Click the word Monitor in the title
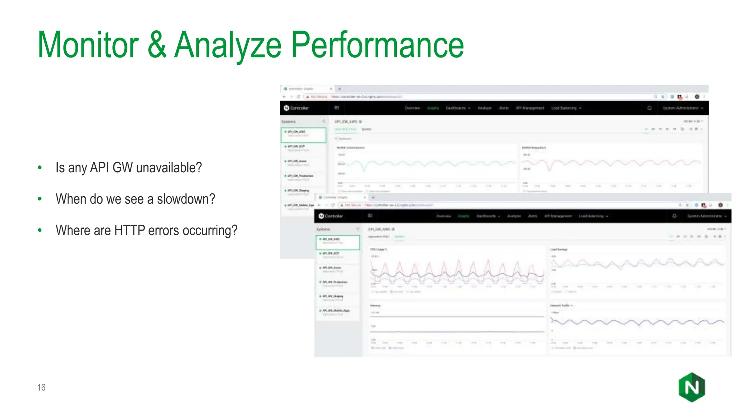(x=88, y=45)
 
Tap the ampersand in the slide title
(x=157, y=45)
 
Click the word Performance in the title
(x=377, y=45)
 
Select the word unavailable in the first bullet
(x=168, y=168)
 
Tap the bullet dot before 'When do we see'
(x=40, y=199)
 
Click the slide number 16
(x=41, y=387)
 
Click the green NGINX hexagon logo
(x=692, y=387)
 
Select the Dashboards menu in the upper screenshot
(x=457, y=108)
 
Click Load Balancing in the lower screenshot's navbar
(x=593, y=216)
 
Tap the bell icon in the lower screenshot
(x=674, y=216)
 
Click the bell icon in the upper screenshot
(x=650, y=108)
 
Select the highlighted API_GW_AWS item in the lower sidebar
(x=337, y=242)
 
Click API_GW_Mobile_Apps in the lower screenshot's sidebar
(x=336, y=311)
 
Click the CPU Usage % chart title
(x=378, y=249)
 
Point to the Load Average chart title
(x=558, y=249)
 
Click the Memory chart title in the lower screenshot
(x=375, y=306)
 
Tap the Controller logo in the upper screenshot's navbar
(x=296, y=108)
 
